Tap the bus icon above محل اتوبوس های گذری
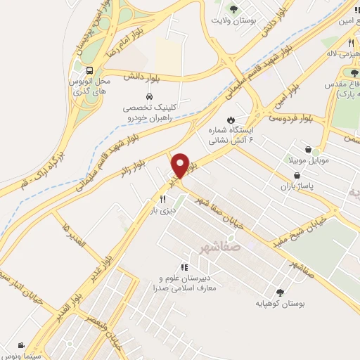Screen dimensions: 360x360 (x=90, y=70)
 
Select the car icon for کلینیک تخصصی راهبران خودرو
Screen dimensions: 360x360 (x=149, y=96)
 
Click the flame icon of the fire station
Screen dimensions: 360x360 (x=230, y=119)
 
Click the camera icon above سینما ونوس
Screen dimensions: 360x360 (x=22, y=345)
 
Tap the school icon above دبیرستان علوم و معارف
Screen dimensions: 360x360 (x=184, y=267)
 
